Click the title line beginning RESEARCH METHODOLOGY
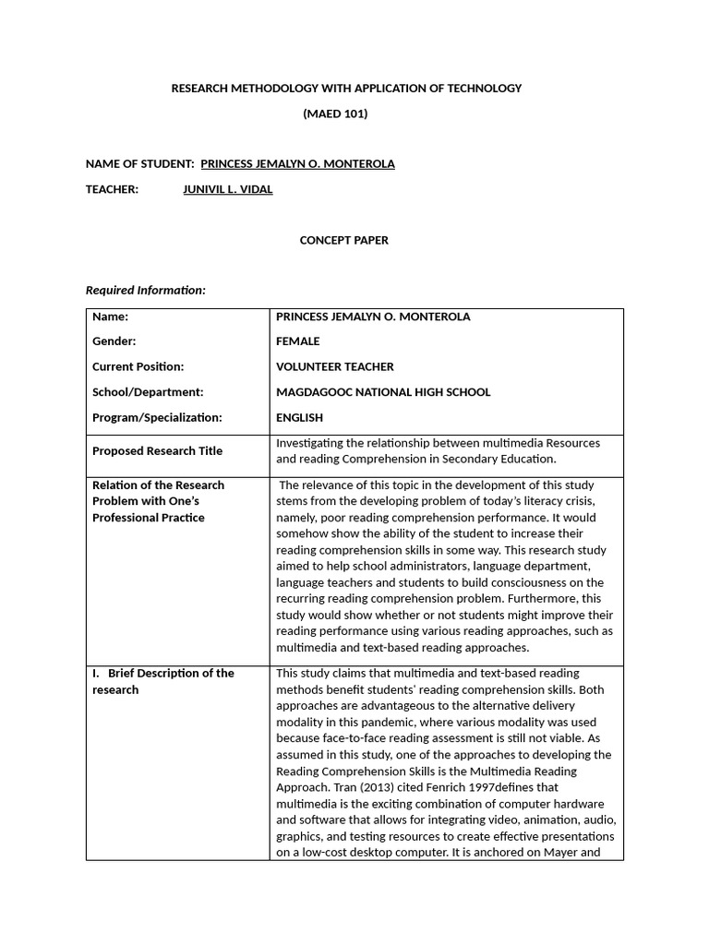[347, 88]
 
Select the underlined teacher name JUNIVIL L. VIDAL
[228, 189]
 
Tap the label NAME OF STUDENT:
[139, 163]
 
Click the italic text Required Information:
[146, 290]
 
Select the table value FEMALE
[298, 341]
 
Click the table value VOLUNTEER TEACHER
[335, 366]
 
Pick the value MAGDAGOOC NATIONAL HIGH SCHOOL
[383, 391]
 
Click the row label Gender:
[114, 341]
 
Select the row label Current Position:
[138, 366]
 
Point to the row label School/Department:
[148, 391]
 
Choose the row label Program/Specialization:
[157, 417]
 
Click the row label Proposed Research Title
[157, 450]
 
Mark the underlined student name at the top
[297, 163]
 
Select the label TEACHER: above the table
[112, 189]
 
